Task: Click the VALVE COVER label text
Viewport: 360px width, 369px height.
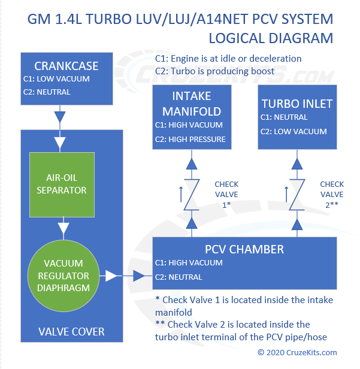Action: tap(72, 331)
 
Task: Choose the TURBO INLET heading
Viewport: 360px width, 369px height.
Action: tap(297, 103)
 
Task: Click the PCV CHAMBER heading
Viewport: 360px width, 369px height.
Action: tap(245, 249)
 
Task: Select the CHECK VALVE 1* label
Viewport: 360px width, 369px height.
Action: tap(226, 194)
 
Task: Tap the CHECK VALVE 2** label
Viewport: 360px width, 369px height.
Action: tap(331, 194)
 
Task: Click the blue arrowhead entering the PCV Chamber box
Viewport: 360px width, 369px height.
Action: tap(139, 276)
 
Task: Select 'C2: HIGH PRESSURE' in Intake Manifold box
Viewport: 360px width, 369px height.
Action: tap(190, 140)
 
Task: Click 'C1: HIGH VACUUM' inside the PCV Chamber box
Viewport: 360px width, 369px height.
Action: tap(189, 263)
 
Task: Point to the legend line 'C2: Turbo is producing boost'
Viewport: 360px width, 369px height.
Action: tap(214, 71)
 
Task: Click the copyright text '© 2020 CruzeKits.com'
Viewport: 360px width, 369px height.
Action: tap(297, 352)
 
